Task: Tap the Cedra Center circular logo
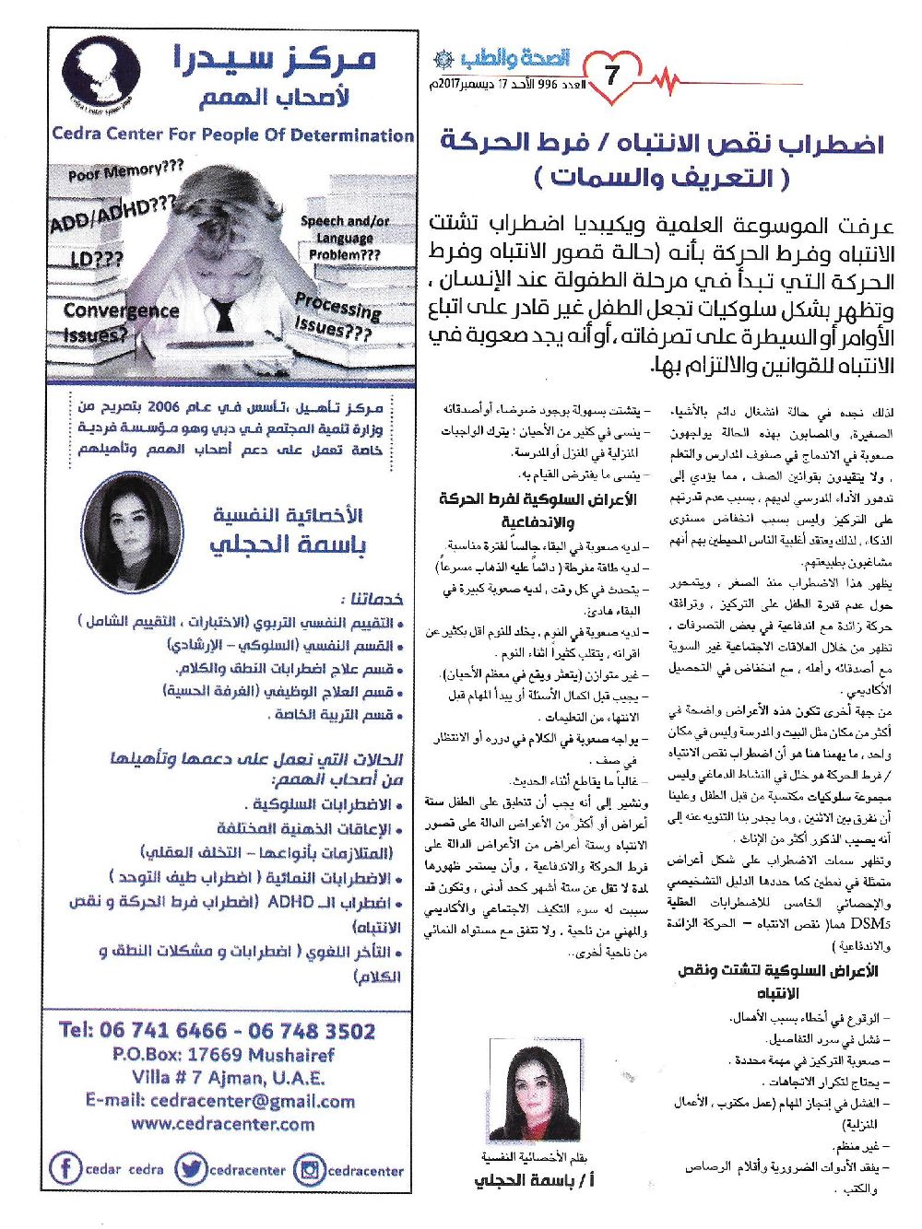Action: point(100,72)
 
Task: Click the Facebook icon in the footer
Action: point(65,1169)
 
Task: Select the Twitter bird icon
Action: point(191,1169)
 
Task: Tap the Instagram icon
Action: point(309,1170)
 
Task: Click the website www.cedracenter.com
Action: point(222,1124)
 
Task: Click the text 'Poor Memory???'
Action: point(125,171)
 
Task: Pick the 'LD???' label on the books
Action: point(96,259)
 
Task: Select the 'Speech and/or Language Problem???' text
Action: point(345,238)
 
